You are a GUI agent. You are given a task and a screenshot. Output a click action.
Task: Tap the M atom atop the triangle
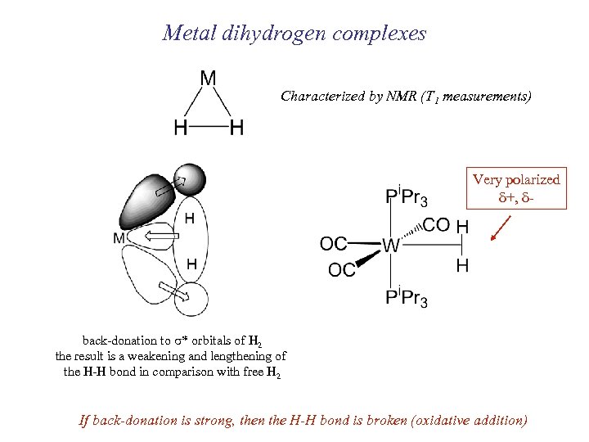(209, 79)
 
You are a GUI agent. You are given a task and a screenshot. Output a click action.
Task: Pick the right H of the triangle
(236, 128)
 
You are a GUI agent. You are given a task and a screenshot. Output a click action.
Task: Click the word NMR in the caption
(398, 97)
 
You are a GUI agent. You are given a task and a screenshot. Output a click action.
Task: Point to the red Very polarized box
(516, 189)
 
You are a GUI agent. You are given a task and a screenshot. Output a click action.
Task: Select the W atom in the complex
(391, 245)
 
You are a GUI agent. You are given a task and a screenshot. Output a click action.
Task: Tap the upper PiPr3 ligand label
(406, 196)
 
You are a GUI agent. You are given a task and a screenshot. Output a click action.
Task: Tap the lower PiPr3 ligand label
(406, 297)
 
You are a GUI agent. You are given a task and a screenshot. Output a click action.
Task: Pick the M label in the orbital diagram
(120, 238)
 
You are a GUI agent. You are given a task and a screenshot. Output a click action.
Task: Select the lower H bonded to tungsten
(462, 265)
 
